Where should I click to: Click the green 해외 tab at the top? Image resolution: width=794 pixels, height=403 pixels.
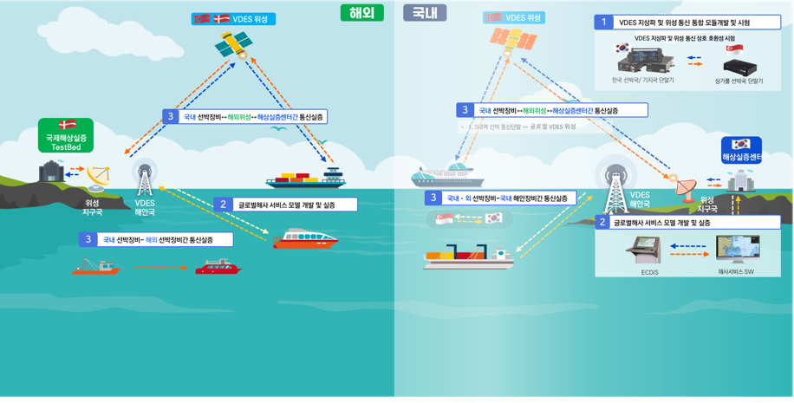point(361,12)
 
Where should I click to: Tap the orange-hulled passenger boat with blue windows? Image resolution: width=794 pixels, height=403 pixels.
point(305,238)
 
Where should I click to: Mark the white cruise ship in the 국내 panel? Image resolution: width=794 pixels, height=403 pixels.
point(447,173)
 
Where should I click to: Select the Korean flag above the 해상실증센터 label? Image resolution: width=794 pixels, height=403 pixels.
point(740,144)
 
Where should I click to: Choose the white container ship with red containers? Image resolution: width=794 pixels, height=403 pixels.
point(468,255)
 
